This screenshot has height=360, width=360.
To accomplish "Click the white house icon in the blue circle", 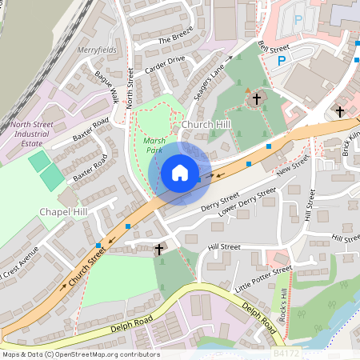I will tap(180, 173).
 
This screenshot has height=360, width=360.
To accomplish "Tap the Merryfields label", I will tap(97, 50).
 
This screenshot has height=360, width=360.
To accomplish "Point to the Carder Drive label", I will tap(165, 66).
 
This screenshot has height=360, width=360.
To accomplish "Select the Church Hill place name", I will tap(206, 125).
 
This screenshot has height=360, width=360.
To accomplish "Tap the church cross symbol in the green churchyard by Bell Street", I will tap(257, 99).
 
